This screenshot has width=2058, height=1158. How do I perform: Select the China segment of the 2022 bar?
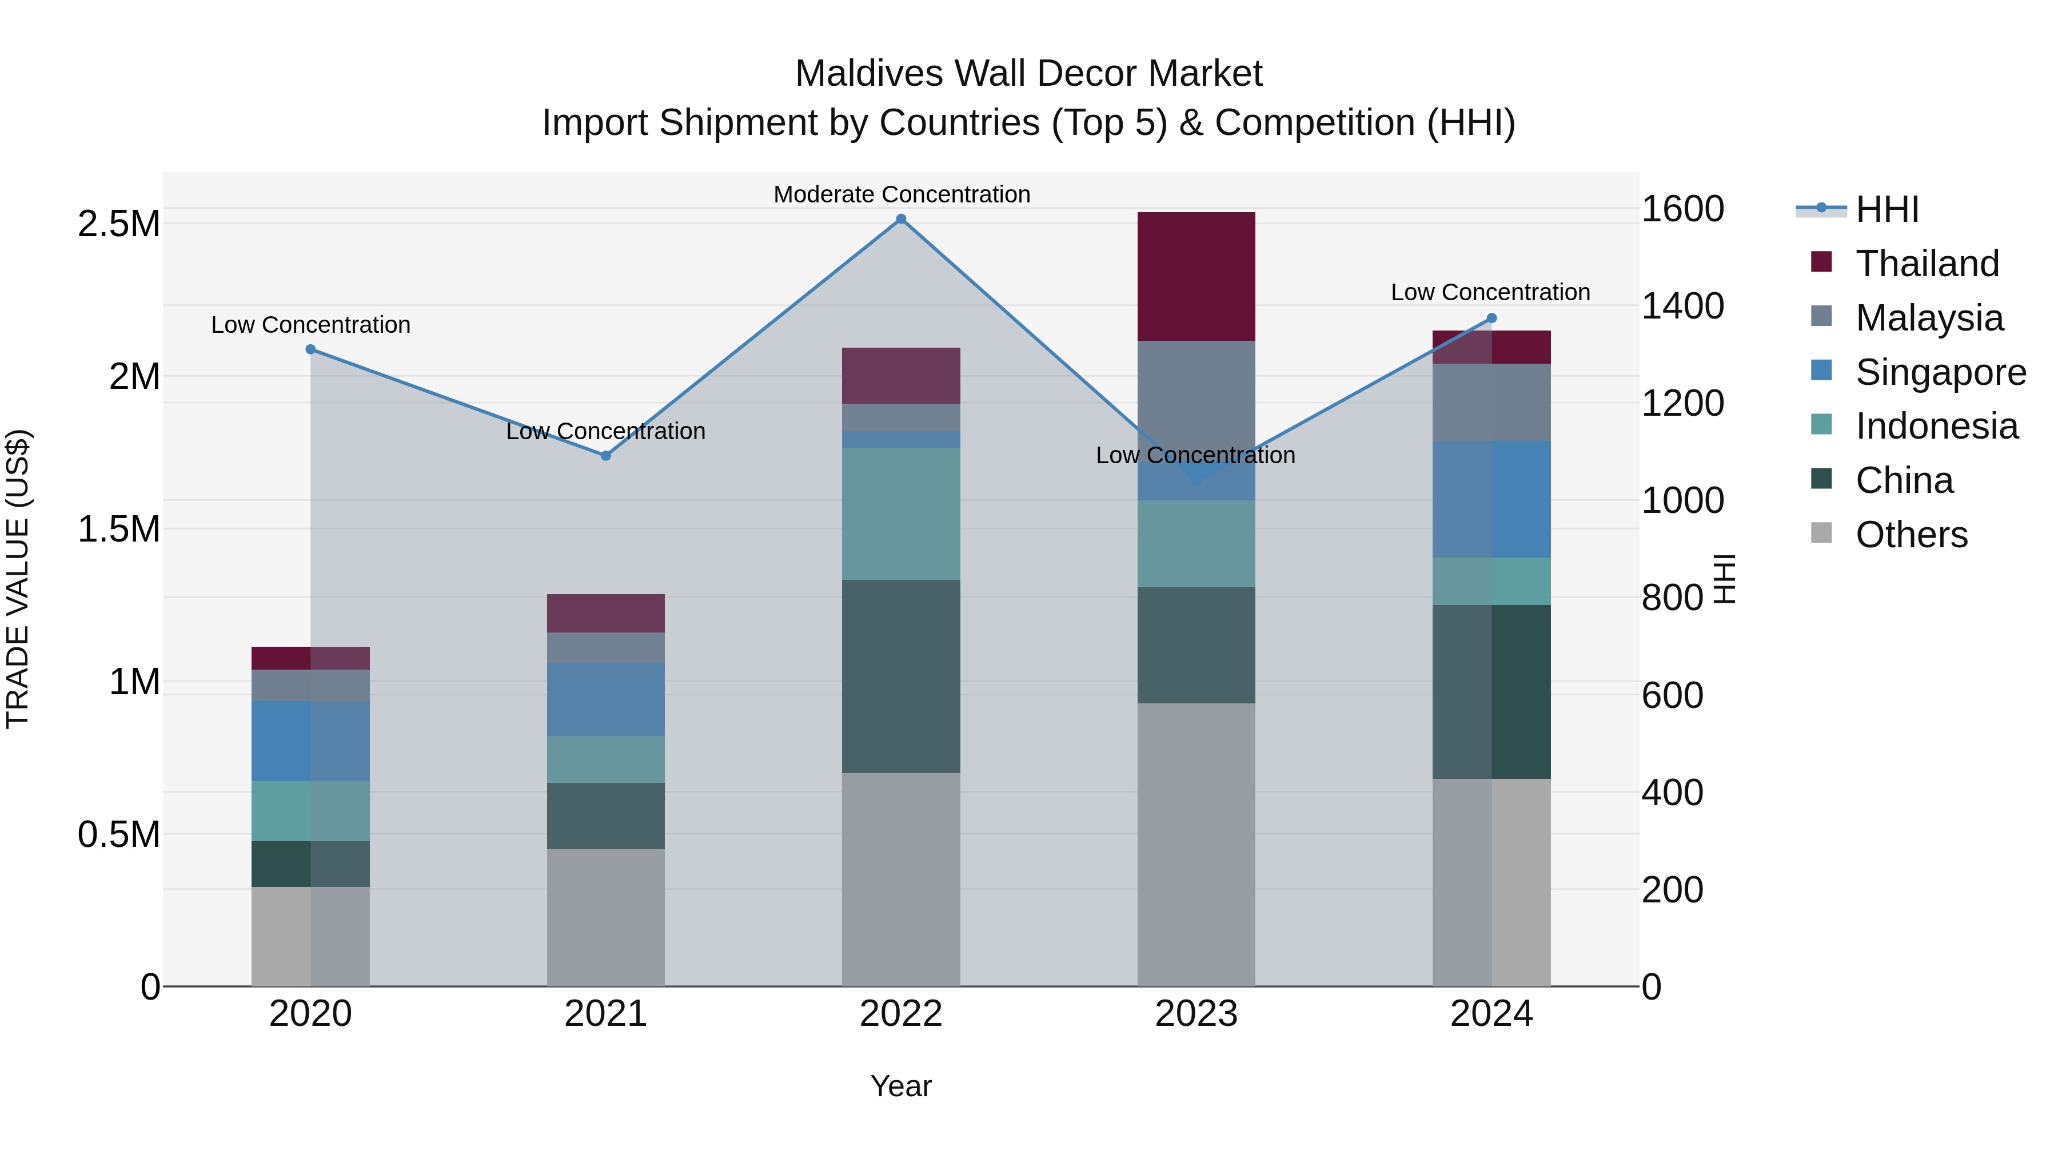[x=900, y=676]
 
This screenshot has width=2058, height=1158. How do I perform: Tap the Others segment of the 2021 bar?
[x=605, y=917]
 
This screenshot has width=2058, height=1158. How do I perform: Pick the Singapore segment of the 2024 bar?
[x=1491, y=499]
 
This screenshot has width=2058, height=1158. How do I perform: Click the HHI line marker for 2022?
[x=900, y=219]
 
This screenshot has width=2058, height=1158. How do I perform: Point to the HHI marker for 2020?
[x=311, y=349]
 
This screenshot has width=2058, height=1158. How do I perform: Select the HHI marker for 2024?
[x=1491, y=318]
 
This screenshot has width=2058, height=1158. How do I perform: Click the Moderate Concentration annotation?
[x=901, y=194]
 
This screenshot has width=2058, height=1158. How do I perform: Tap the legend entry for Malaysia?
[x=1929, y=318]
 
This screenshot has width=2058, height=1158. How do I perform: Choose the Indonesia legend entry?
[x=1936, y=426]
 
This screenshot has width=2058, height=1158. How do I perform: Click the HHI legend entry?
[x=1886, y=209]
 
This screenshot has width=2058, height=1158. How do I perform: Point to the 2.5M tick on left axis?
[x=118, y=224]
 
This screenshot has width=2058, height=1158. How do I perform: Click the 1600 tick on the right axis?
[x=1682, y=209]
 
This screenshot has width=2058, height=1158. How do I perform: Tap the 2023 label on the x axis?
[x=1196, y=1014]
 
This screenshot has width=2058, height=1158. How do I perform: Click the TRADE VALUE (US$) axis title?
[x=18, y=579]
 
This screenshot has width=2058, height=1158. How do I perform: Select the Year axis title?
[x=900, y=1086]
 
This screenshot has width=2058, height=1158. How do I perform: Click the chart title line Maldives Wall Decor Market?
[x=1028, y=74]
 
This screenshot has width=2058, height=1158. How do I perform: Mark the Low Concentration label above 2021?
[x=605, y=432]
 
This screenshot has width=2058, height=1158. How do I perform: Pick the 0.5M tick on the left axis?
[x=118, y=834]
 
